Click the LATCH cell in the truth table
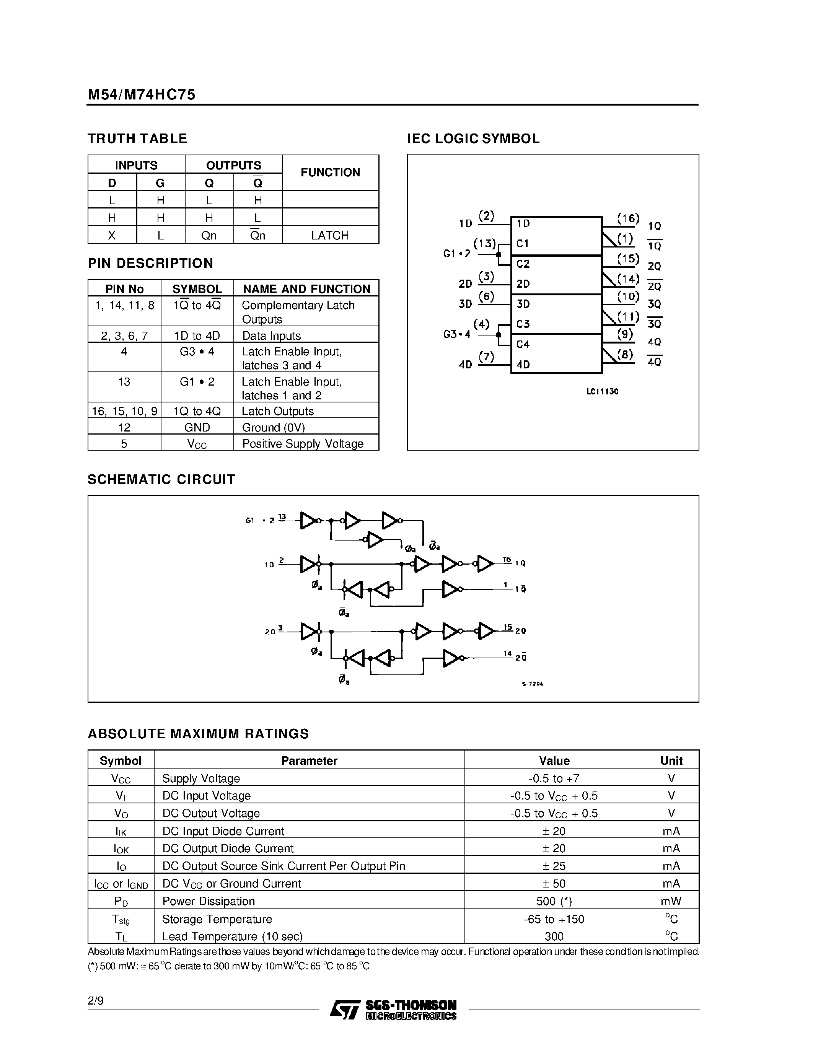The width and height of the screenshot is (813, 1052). tap(330, 236)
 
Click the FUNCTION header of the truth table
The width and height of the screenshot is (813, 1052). tap(330, 173)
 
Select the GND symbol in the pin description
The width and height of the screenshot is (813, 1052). tap(197, 427)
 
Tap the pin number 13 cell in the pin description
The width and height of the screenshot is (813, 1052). tap(124, 382)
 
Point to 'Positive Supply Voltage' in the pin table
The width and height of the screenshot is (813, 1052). tap(303, 444)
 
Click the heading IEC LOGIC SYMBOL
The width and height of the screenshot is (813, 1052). tap(473, 139)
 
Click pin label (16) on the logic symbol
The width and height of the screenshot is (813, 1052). tap(628, 219)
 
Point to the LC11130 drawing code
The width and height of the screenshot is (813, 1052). tap(602, 392)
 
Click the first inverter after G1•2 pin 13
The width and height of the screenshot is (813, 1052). tap(309, 521)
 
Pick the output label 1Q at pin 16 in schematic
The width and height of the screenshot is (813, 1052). tap(520, 563)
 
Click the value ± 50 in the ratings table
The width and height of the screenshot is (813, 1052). tap(554, 883)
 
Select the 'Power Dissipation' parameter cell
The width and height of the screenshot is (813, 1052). tap(208, 901)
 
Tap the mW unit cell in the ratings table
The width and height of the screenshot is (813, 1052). tap(671, 901)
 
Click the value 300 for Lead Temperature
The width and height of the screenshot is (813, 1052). tap(554, 936)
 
